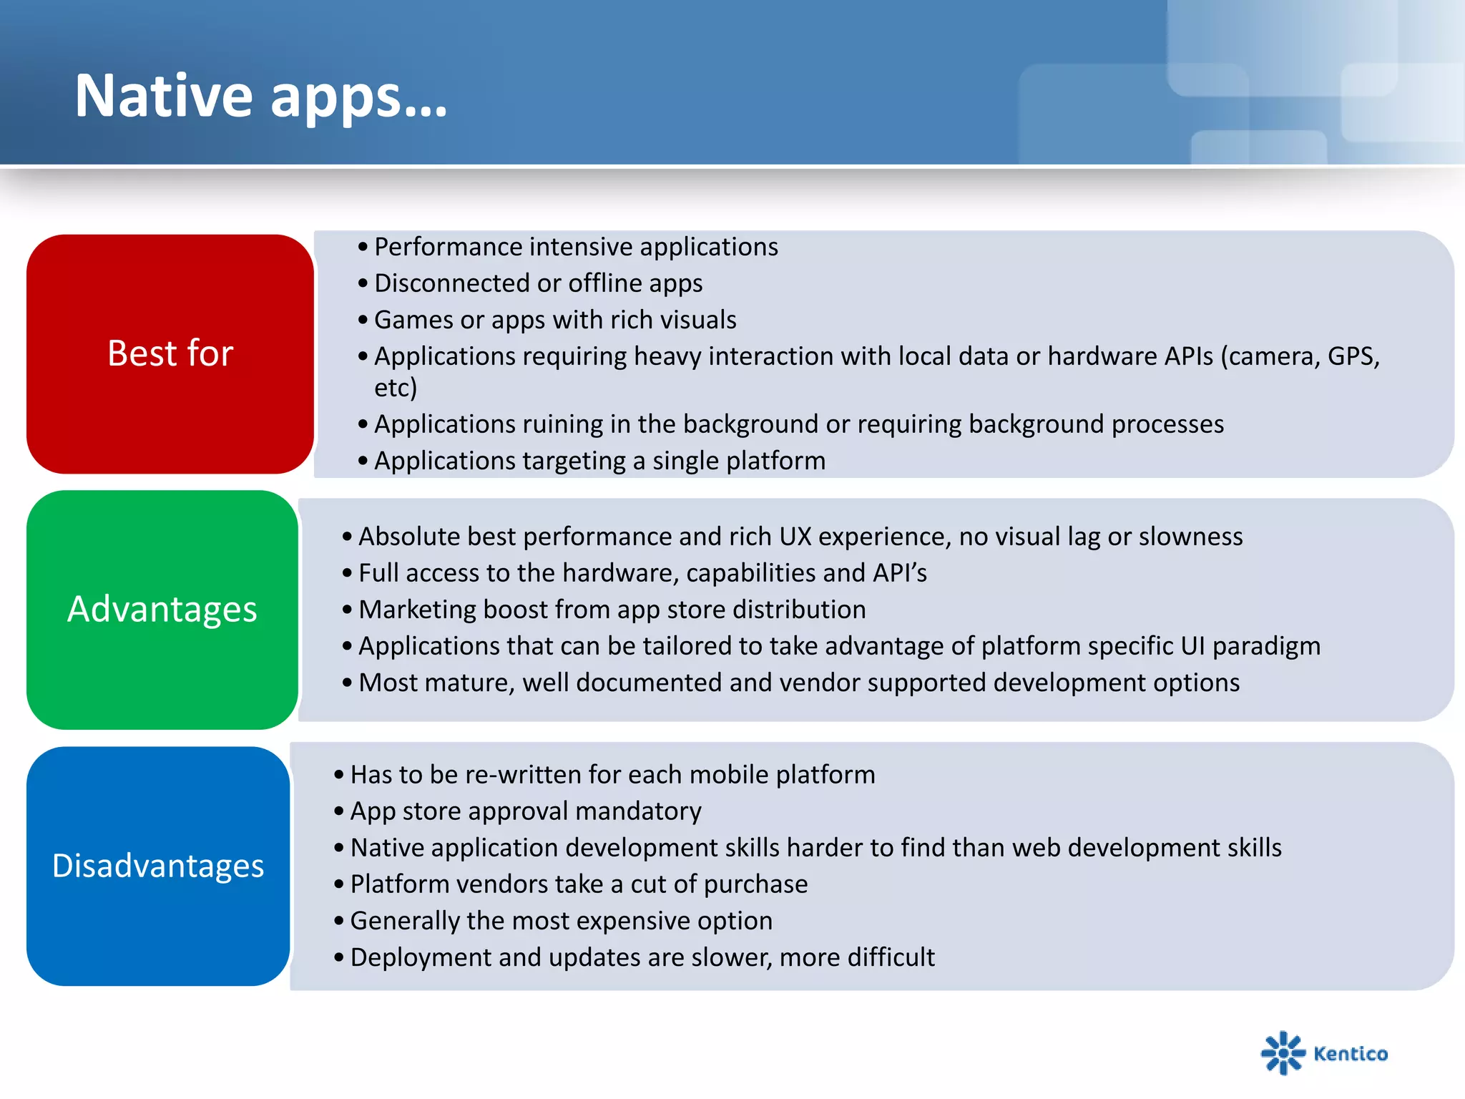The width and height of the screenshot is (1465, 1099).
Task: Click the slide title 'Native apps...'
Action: (261, 96)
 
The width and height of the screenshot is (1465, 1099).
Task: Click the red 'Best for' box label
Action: (170, 353)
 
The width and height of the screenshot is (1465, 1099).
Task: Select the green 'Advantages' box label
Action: (162, 610)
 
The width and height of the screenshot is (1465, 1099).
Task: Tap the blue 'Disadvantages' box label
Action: (158, 866)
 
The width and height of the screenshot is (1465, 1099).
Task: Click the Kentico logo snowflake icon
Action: (1283, 1052)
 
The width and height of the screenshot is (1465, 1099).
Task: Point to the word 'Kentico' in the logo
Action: (1351, 1054)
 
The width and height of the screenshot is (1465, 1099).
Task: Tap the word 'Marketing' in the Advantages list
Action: (417, 610)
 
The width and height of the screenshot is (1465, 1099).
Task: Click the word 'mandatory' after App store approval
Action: (638, 811)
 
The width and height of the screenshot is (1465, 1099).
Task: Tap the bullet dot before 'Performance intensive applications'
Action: (363, 248)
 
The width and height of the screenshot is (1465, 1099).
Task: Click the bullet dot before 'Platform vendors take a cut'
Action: (339, 885)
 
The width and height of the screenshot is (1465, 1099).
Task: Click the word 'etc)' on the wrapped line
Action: (395, 388)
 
